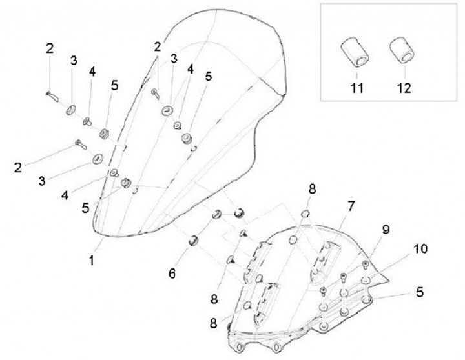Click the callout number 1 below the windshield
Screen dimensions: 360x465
point(92,261)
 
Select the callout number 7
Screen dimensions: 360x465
point(351,206)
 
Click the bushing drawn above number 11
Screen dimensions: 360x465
point(354,52)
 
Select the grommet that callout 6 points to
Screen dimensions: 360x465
point(192,242)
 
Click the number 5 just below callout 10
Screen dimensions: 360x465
point(420,291)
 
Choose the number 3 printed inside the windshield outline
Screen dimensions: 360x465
point(174,59)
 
